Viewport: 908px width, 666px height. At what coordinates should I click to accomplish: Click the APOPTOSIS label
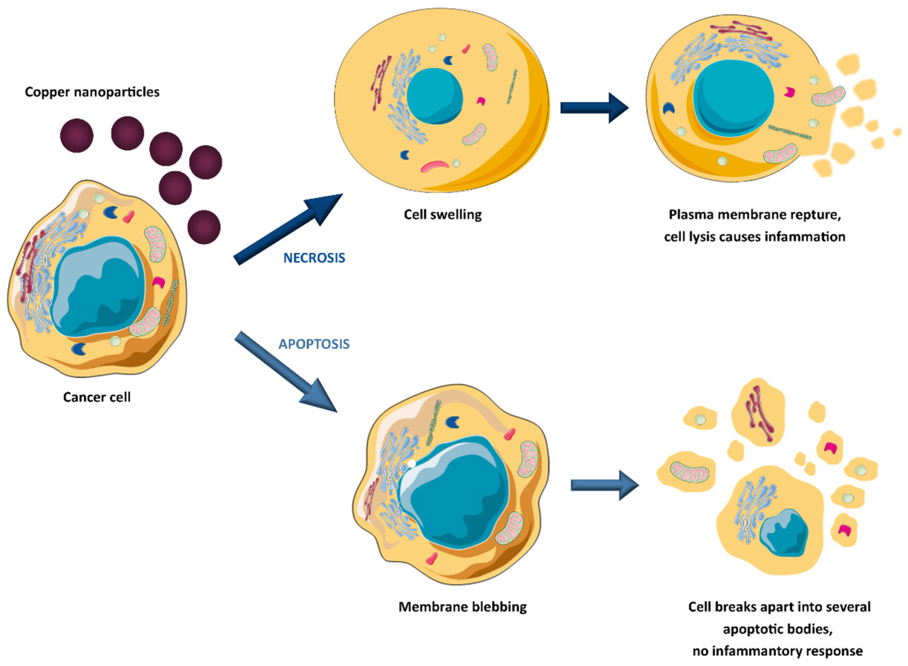(314, 344)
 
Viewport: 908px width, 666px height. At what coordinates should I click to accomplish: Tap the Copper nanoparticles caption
(92, 92)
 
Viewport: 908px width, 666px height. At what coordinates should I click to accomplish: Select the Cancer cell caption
(97, 397)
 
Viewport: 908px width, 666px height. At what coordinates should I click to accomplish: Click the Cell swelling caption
(442, 214)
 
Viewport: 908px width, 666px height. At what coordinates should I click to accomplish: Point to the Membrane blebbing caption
(462, 607)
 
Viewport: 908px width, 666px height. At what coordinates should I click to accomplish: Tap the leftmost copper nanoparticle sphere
(77, 135)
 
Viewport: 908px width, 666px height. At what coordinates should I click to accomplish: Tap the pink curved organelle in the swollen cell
(435, 166)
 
